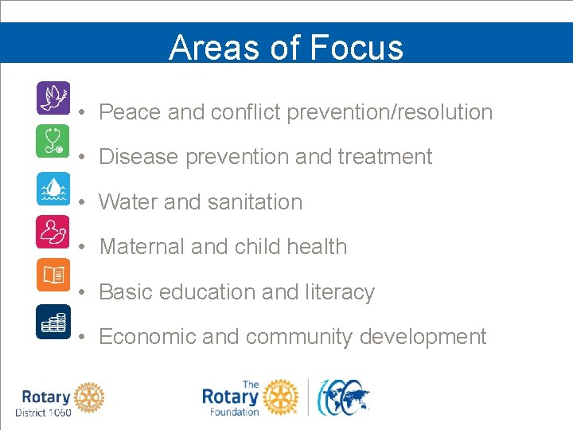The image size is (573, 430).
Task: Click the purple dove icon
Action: pos(53,98)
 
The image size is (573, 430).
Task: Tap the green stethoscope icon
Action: pos(53,142)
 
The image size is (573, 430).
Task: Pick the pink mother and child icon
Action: pos(53,231)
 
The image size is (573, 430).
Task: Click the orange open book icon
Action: pos(53,276)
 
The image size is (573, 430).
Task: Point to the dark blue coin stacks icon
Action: pos(53,321)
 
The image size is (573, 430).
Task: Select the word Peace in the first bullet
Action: pos(131,112)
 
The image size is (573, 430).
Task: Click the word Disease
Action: pos(139,157)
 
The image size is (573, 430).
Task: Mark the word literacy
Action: pos(340,292)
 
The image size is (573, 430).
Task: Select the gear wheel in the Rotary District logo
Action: pos(90,397)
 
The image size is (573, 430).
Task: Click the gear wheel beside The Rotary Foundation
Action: pos(280,397)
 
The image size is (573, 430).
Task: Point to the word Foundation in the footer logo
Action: pos(234,412)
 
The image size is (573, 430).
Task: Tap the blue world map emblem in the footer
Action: pos(345,397)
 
